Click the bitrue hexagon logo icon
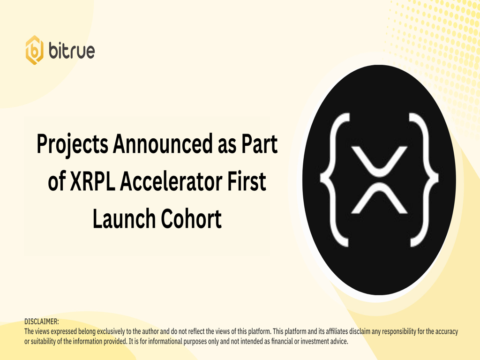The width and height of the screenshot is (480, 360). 34,50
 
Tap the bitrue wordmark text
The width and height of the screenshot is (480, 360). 72,51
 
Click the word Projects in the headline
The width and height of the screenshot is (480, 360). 72,144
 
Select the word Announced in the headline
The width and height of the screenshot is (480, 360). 163,143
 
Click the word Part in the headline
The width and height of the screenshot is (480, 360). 260,143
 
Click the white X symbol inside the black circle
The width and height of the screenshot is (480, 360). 379,180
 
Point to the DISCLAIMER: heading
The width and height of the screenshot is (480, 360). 42,322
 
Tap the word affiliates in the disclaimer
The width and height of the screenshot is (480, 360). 337,331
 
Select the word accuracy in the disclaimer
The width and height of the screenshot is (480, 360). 446,332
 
